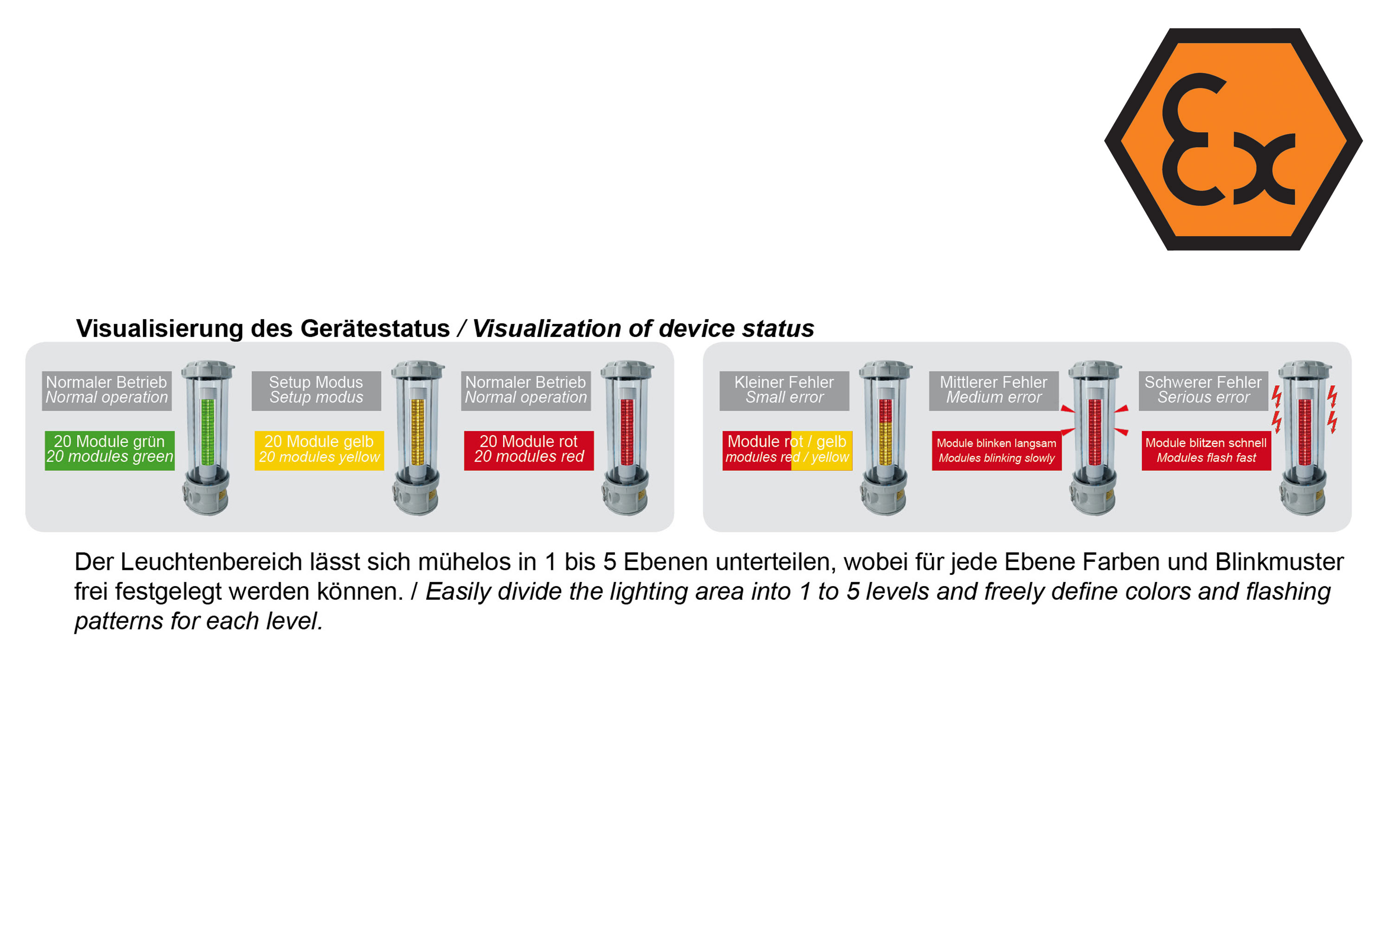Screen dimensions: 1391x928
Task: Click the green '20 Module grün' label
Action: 109,451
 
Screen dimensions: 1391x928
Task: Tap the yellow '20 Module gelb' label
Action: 319,451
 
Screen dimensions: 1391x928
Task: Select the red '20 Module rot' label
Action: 529,451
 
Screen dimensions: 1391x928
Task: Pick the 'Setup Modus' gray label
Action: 316,391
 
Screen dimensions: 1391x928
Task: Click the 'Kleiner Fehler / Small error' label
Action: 784,391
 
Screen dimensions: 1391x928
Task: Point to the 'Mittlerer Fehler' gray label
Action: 994,391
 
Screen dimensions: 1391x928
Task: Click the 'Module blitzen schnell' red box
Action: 1206,451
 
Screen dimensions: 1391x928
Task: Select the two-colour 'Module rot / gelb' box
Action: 787,451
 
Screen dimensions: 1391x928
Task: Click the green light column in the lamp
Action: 208,432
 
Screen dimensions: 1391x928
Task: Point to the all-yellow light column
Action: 418,432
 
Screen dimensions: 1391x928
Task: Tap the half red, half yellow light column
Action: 885,432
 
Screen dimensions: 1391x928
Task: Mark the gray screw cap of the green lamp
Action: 208,369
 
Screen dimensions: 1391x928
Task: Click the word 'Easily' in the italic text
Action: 458,593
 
